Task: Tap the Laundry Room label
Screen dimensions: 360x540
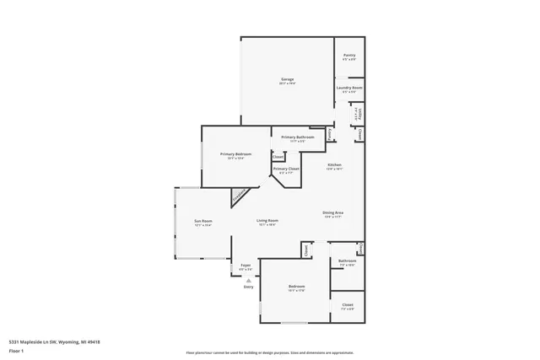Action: coord(348,88)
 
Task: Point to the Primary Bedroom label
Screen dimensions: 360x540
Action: coord(235,154)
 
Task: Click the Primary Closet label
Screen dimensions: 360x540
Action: coord(286,169)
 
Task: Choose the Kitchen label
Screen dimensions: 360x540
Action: coord(334,164)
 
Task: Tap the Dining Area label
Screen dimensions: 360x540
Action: coord(332,212)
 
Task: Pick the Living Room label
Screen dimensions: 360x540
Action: coord(267,221)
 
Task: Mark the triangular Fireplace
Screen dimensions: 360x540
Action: coord(239,196)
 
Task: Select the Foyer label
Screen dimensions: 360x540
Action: coord(246,265)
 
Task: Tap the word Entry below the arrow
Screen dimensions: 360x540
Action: coord(248,287)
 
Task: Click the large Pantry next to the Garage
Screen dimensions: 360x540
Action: coord(348,56)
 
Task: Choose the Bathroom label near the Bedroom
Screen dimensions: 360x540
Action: coord(348,261)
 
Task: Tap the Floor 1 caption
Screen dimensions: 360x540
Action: coord(16,350)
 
